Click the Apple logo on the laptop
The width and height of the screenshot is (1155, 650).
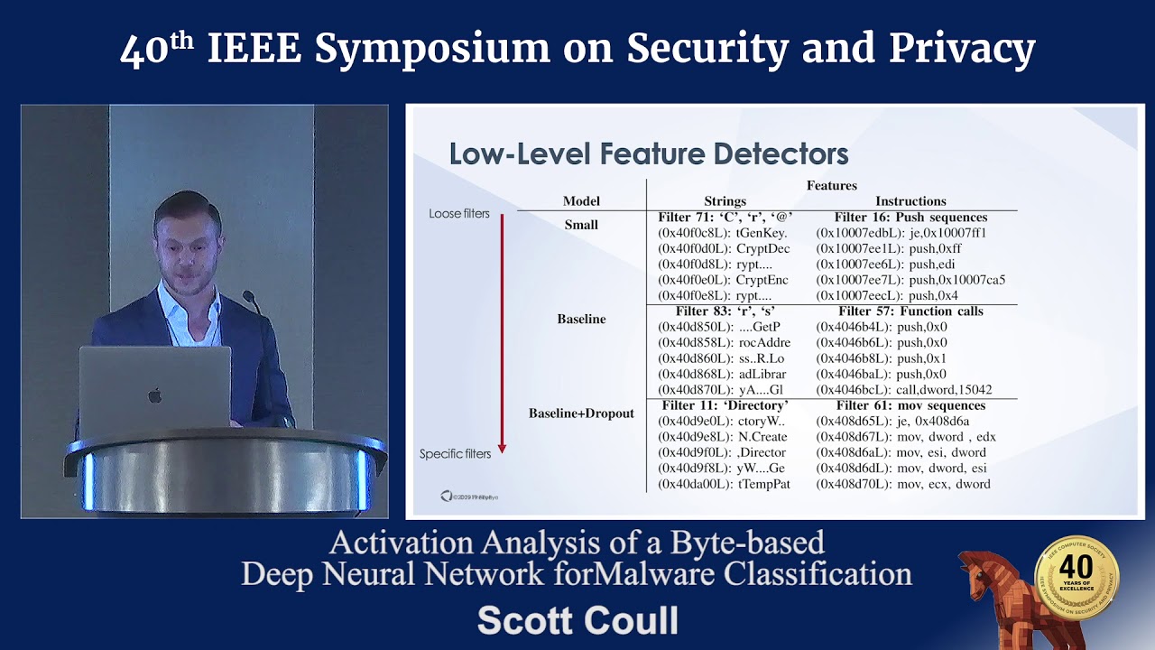tap(155, 395)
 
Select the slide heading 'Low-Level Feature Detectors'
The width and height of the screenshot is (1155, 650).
tap(648, 154)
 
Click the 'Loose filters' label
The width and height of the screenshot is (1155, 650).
tap(459, 214)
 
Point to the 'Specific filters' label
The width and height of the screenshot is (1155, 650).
tap(455, 454)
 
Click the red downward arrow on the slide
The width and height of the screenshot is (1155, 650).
tap(502, 334)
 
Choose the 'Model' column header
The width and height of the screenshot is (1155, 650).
tap(581, 201)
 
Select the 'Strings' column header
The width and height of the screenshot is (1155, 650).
tap(725, 201)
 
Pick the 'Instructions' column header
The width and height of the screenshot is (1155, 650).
tap(910, 201)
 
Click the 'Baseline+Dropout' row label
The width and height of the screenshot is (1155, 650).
tap(581, 413)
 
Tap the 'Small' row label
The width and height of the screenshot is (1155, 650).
tap(581, 225)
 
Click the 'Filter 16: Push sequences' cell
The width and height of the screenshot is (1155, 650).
tap(910, 218)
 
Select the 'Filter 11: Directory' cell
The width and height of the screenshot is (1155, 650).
tap(725, 405)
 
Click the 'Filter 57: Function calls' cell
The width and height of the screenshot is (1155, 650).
tap(910, 311)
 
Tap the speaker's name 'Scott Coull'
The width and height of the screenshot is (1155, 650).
tap(577, 621)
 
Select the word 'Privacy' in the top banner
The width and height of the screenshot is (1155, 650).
tap(962, 50)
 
